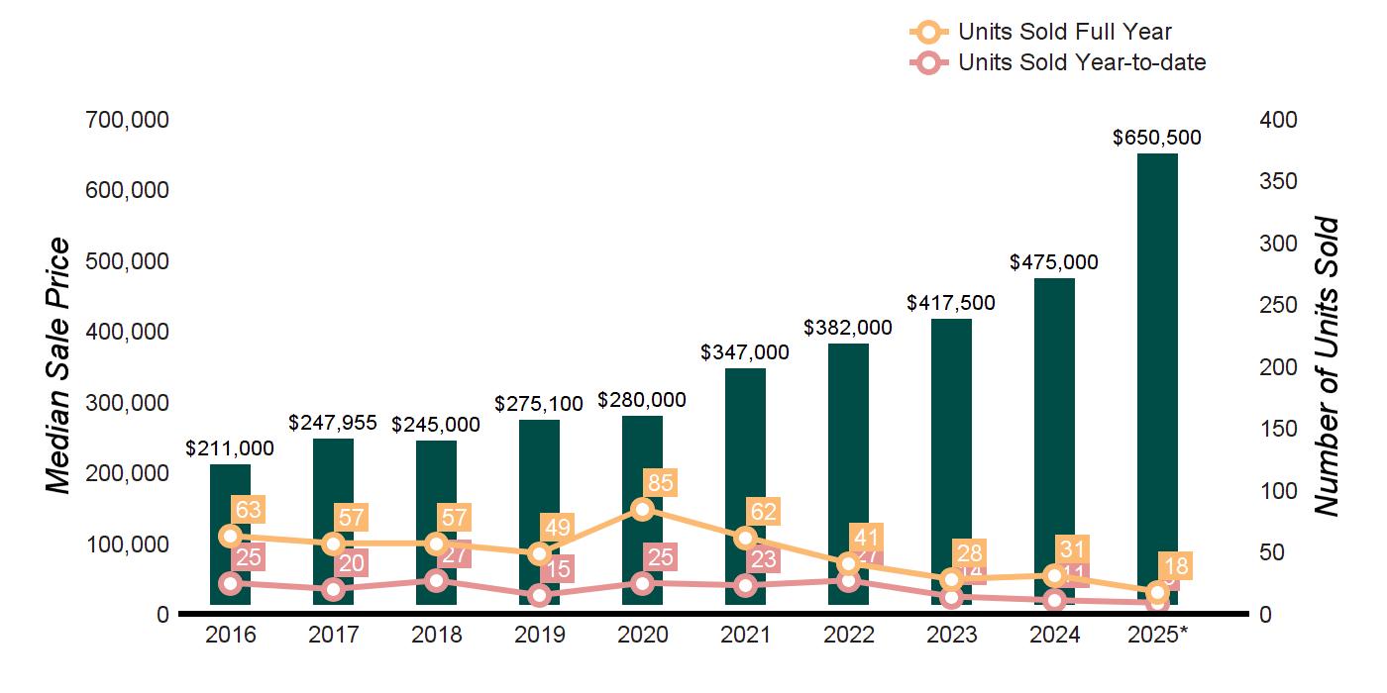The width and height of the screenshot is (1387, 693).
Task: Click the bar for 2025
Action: tap(1157, 376)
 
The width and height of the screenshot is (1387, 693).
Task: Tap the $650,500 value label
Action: tap(1157, 138)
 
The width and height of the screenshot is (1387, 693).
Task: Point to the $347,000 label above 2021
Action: tap(745, 352)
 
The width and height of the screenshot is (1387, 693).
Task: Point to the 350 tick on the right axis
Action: tap(1279, 182)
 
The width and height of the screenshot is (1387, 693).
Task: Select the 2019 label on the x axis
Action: tap(539, 635)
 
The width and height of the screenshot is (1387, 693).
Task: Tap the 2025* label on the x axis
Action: tap(1157, 635)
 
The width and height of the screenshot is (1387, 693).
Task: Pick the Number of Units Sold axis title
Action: tap(1327, 366)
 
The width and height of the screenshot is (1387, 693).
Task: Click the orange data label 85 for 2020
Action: tap(660, 483)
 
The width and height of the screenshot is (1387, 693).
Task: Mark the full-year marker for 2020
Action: tap(642, 509)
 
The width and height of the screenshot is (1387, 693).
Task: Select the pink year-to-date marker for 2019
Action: tap(539, 595)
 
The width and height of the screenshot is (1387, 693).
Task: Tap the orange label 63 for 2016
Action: tap(248, 510)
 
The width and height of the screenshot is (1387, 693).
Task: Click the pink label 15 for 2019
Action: tap(558, 569)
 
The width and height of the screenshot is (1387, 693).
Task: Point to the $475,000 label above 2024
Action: tap(1054, 262)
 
